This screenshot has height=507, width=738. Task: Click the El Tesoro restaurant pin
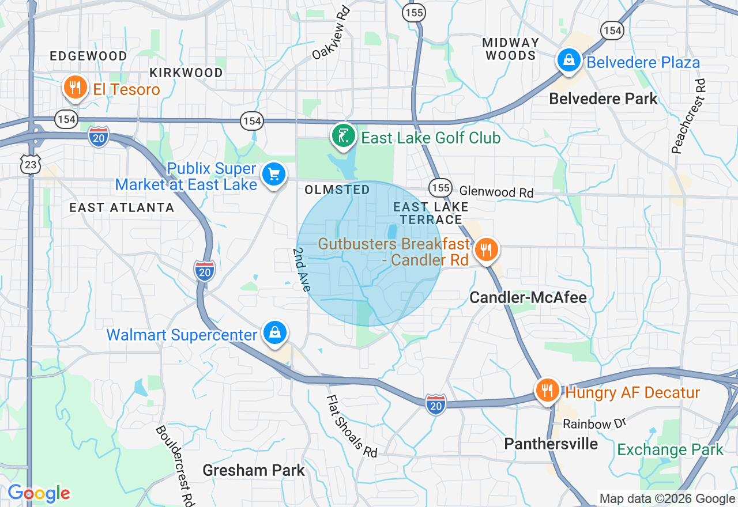[x=74, y=88]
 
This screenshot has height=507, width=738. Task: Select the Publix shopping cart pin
[x=273, y=173]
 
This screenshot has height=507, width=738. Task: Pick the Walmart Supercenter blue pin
[x=276, y=333]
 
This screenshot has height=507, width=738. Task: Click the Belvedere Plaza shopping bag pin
[x=568, y=60]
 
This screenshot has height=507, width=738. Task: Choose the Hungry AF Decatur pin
[x=547, y=391]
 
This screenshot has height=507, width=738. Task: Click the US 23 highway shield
[x=30, y=164]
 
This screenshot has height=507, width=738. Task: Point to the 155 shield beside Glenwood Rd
[x=440, y=188]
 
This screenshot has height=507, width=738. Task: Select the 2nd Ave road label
[x=302, y=270]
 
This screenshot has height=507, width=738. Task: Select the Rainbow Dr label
[x=594, y=424]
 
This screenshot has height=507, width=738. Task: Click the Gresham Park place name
[x=254, y=470]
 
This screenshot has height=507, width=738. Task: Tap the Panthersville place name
[x=551, y=444]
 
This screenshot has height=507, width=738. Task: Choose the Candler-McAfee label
[x=528, y=297]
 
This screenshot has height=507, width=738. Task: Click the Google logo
[x=39, y=493]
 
